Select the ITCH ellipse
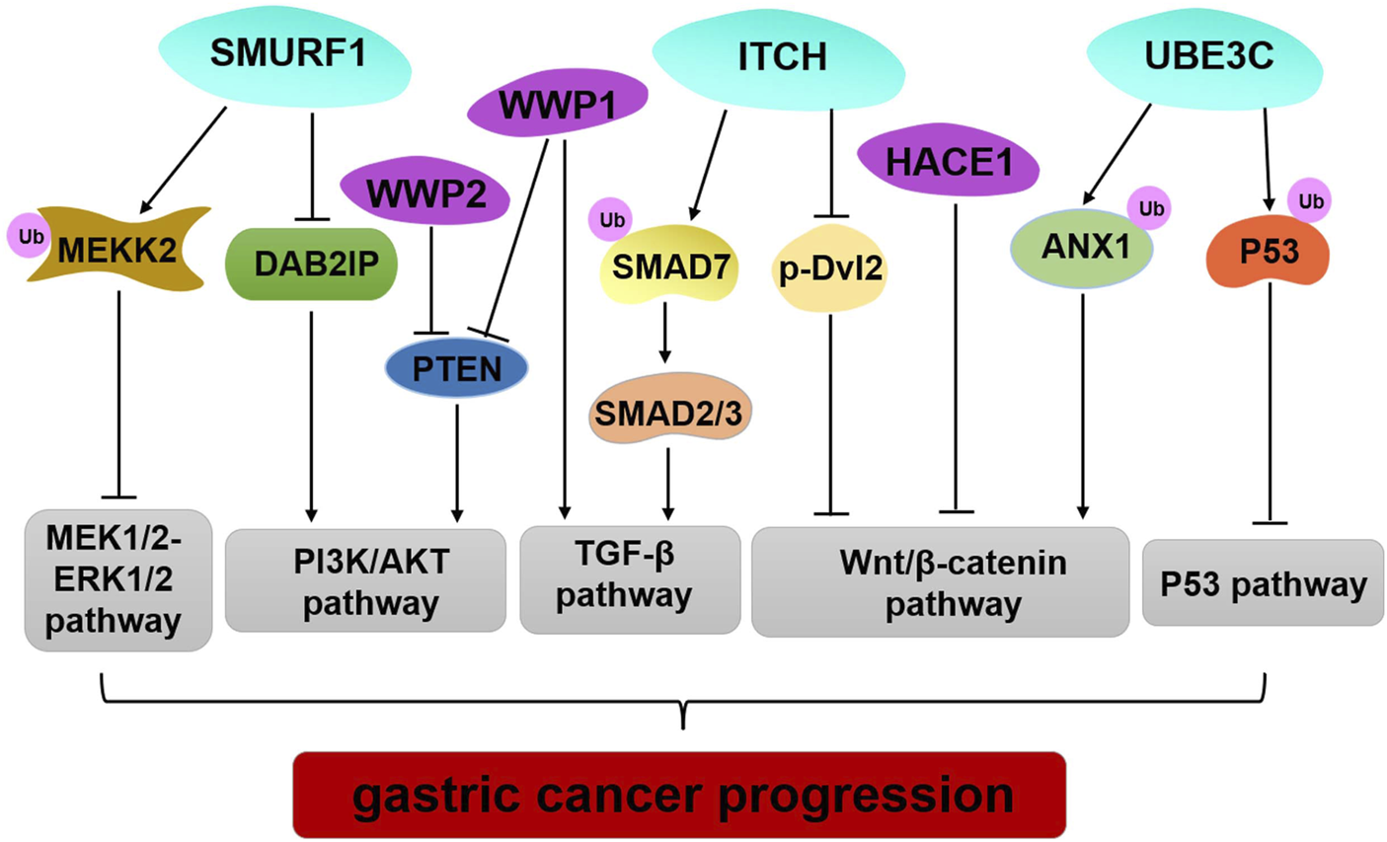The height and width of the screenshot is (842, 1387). (x=779, y=60)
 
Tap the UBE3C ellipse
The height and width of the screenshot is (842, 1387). (x=1205, y=59)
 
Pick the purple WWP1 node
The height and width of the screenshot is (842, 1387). (x=558, y=103)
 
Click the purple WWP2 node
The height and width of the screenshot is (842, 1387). (x=425, y=191)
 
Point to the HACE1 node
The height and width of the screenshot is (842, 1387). (x=948, y=162)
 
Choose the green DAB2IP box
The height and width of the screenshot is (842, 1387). (x=311, y=265)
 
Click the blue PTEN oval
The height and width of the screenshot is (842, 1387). (x=456, y=368)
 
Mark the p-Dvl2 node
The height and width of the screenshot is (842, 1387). (x=829, y=268)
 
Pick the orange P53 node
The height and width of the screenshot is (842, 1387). (x=1269, y=252)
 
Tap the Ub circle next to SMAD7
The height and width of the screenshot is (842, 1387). (x=610, y=219)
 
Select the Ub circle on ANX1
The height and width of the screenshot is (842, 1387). (x=1149, y=208)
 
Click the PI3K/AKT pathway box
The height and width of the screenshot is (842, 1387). (x=365, y=580)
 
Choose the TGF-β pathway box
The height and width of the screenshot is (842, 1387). (x=631, y=579)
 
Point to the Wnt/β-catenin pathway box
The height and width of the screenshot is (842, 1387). (x=941, y=582)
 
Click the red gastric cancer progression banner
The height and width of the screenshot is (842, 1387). (x=679, y=795)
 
